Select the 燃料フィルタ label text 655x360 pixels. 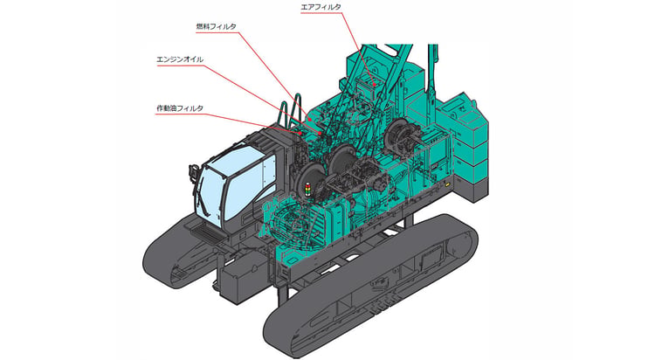[x=216, y=26]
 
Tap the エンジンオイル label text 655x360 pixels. [x=180, y=59]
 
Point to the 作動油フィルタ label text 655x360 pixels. [x=180, y=108]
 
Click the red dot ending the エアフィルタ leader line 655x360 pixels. [x=376, y=85]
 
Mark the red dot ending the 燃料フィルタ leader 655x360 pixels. [x=310, y=119]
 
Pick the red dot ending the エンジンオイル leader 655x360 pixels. [x=320, y=133]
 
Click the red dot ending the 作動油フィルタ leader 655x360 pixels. [x=300, y=133]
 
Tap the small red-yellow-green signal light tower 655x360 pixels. [x=308, y=189]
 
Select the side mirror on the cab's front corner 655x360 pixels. [x=193, y=171]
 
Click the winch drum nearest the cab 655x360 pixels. [x=313, y=182]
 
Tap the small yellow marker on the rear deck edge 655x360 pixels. [x=447, y=184]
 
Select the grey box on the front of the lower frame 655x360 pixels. [x=239, y=281]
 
